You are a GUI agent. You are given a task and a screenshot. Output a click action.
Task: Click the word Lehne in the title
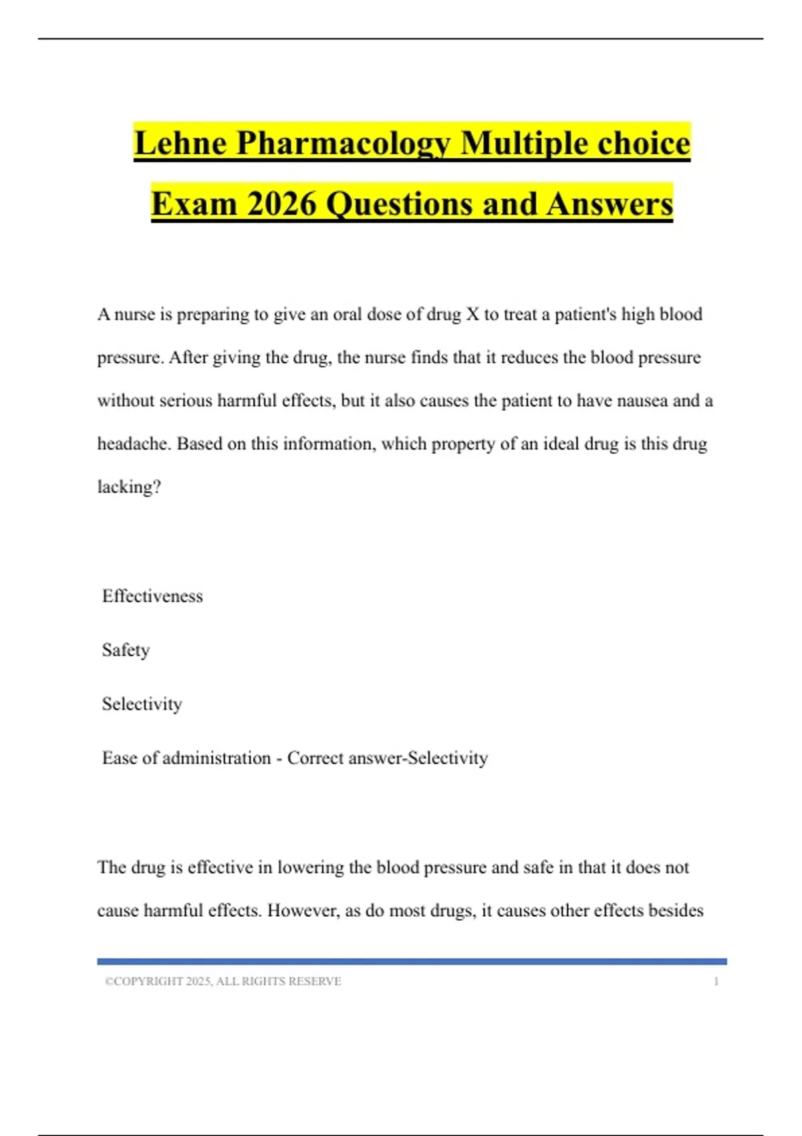coord(180,144)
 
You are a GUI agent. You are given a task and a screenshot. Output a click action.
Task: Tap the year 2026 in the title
coord(281,204)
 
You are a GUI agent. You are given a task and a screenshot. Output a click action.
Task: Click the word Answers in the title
coord(610,204)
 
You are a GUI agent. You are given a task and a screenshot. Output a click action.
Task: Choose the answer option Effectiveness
coord(152,596)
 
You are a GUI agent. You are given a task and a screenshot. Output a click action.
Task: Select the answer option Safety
coord(126,650)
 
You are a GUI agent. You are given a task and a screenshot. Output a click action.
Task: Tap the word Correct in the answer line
coord(315,758)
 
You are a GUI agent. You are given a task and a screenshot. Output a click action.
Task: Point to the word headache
coord(134,444)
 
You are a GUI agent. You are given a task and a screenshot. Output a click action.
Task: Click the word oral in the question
coord(347,314)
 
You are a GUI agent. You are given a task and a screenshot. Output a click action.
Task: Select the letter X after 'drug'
coord(473,314)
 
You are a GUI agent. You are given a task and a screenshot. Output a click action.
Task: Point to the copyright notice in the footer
coord(223,982)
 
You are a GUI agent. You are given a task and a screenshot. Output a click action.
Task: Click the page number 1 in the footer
coord(716,982)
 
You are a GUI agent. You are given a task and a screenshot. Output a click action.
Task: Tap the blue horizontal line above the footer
coord(412,962)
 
